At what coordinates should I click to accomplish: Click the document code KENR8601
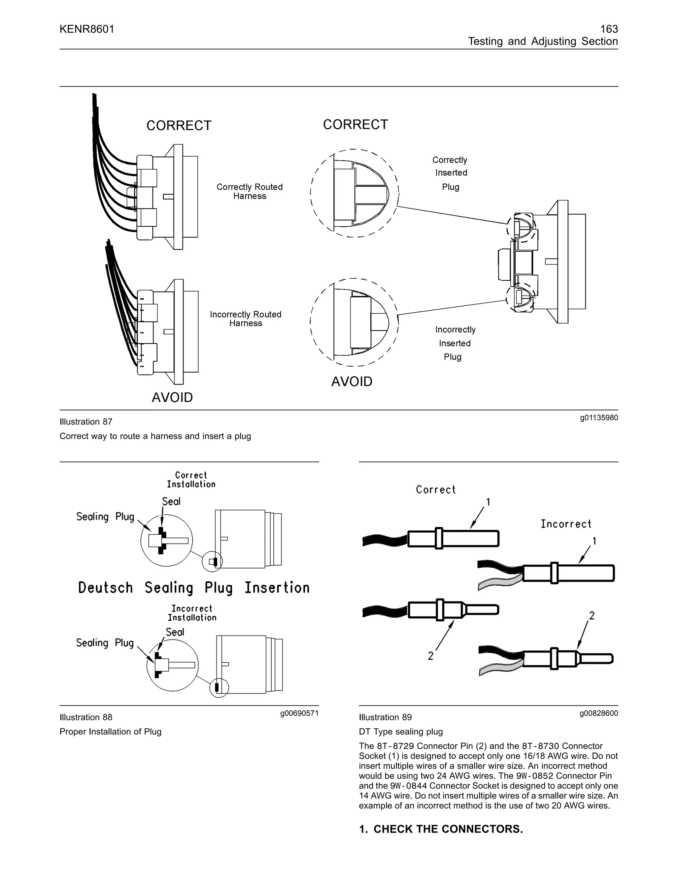coord(87,29)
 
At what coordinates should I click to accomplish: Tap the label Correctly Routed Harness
coord(250,191)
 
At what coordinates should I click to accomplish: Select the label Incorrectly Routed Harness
coord(246,319)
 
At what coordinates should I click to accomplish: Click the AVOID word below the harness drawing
coord(172,397)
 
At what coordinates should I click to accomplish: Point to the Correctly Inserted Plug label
coord(450,173)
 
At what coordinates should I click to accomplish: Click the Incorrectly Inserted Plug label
coord(455,343)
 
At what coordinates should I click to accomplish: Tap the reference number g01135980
coord(599,418)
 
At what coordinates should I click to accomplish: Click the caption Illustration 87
coord(86,422)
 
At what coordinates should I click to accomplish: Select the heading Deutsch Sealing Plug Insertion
coord(194,588)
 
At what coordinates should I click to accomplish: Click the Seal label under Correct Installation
coord(171,501)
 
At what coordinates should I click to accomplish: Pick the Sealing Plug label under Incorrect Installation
coord(105,643)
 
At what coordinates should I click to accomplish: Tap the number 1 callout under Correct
coord(488,502)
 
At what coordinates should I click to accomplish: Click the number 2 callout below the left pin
coord(430,656)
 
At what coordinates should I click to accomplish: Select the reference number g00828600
coord(599,713)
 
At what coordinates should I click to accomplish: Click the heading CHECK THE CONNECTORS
coord(441,829)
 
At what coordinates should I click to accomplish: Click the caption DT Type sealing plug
coord(400,732)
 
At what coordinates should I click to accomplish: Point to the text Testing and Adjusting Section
coord(543,41)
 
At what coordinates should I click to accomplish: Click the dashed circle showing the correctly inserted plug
coord(355,193)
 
